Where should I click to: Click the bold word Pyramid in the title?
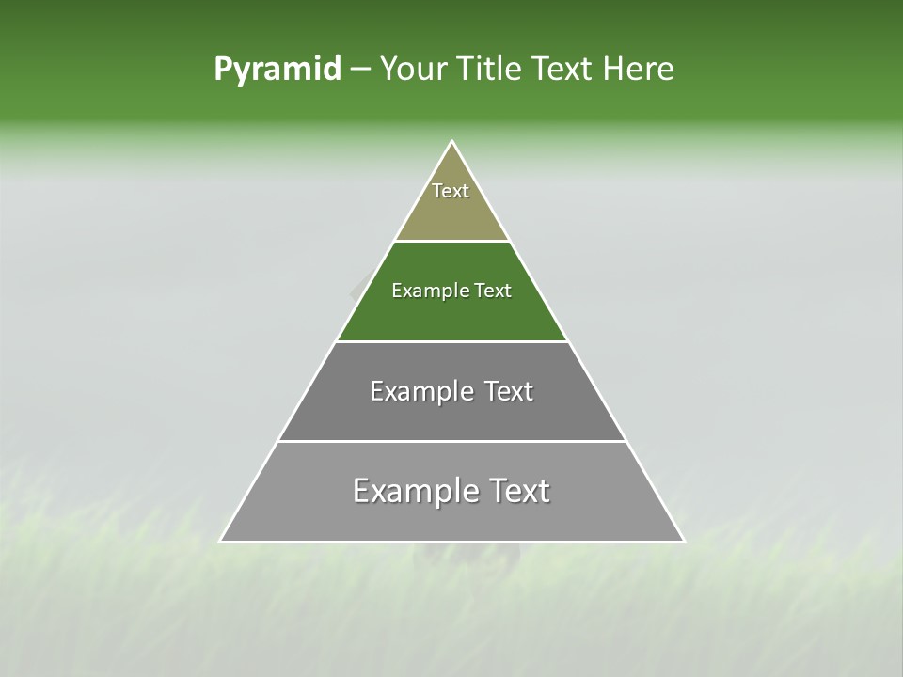click(277, 70)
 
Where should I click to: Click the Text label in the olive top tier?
click(451, 191)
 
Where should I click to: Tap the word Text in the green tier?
click(493, 291)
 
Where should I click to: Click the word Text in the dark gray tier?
click(509, 391)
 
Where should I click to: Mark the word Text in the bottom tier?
click(516, 491)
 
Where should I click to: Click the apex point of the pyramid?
click(452, 142)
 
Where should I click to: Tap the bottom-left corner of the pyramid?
click(221, 541)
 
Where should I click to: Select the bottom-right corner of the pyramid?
click(684, 541)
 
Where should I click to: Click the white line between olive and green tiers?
click(452, 242)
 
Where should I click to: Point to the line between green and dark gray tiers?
click(452, 341)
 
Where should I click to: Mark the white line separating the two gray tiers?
click(452, 441)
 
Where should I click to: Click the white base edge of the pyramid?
click(452, 542)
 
